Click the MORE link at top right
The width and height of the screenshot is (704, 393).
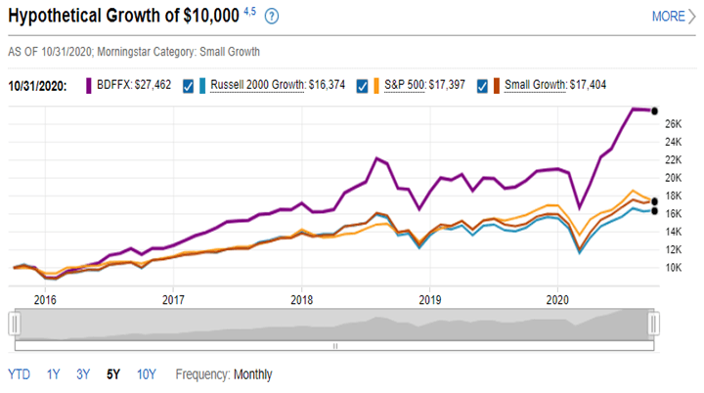coord(668,17)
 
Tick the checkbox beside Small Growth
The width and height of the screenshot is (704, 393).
coord(481,85)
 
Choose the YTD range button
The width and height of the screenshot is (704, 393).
coord(19,374)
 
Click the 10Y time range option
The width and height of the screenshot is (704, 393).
coord(147,374)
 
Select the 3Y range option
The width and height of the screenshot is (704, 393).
coord(83,374)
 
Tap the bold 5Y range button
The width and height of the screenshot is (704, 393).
coord(114,374)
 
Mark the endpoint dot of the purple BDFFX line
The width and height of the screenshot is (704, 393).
coord(654,110)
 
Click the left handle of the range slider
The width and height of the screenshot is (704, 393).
coord(14,322)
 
